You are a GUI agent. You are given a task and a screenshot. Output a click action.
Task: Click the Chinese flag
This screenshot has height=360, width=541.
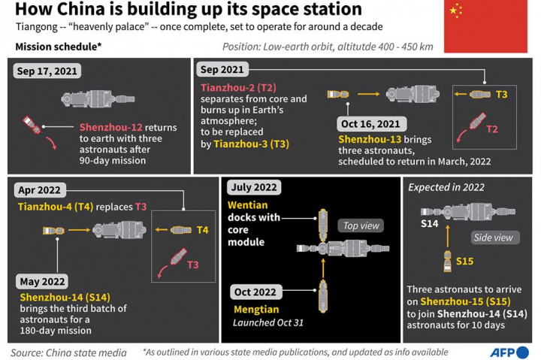[485, 26]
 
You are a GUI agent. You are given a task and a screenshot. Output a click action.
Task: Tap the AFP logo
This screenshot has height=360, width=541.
[507, 351]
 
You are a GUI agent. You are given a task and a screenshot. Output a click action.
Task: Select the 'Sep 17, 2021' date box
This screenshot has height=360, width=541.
[46, 72]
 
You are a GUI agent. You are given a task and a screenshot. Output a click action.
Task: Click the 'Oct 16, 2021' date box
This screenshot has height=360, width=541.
[371, 124]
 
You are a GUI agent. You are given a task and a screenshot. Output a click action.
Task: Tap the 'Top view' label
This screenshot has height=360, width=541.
[361, 225]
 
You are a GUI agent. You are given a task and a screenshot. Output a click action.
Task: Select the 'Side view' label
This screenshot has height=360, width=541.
[493, 237]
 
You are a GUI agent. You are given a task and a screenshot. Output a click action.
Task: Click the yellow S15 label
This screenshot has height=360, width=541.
[464, 261]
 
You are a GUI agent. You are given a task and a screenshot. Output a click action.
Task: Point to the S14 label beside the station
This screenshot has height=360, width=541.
[429, 224]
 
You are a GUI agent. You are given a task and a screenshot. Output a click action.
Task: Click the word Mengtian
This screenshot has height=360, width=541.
[255, 309]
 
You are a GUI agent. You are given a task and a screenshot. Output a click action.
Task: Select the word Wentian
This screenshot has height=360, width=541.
[249, 205]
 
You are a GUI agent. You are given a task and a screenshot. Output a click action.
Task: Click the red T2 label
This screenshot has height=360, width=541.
[491, 129]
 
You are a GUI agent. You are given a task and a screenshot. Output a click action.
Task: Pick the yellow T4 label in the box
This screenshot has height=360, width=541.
[201, 230]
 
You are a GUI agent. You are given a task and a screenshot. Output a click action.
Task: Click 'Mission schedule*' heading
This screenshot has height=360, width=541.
[59, 47]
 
